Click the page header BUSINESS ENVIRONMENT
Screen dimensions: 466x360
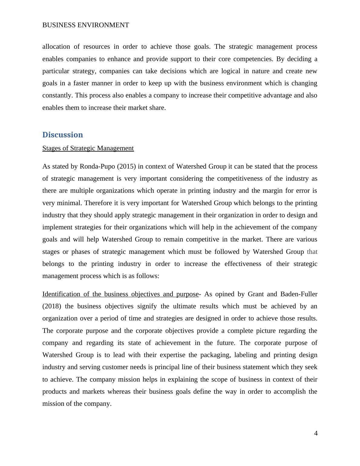coord(86,25)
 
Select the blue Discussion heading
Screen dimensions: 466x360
coord(63,135)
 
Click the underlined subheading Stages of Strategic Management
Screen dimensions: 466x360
coord(88,148)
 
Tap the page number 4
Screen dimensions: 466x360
coord(316,433)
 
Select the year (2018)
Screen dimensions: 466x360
coord(52,306)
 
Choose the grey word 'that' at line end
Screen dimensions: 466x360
coord(312,252)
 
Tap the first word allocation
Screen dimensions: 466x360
coord(56,47)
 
